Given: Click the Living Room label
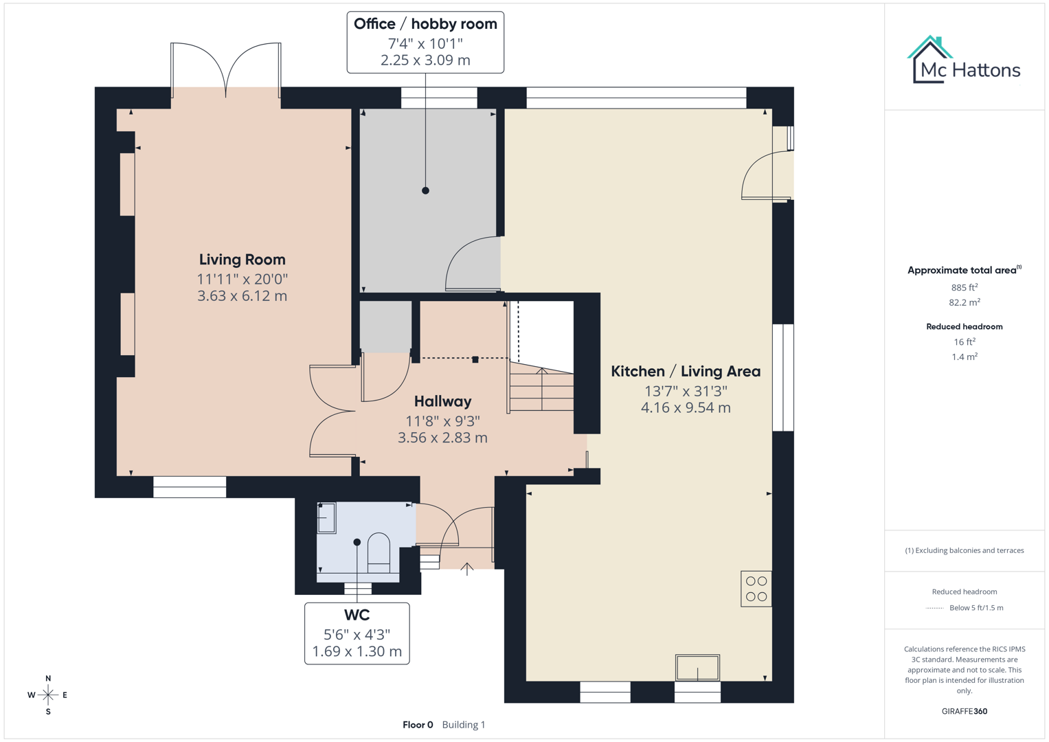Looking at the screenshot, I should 242,260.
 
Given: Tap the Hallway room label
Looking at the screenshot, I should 442,401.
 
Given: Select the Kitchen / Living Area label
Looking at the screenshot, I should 686,372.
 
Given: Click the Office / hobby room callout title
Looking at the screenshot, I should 425,24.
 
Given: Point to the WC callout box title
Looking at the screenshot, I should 357,615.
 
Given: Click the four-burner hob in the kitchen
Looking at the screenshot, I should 756,589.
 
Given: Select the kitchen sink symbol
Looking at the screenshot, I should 697,667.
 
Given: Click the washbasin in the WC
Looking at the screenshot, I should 326,518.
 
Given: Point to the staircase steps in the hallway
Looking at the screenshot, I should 541,390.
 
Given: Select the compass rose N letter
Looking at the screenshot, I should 48,679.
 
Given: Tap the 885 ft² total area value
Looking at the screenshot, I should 964,287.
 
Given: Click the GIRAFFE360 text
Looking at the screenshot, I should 964,711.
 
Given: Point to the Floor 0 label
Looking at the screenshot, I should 418,725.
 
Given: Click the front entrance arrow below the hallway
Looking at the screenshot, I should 467,569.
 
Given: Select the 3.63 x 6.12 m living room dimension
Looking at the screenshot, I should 242,296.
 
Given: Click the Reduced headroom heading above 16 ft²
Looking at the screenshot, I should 964,327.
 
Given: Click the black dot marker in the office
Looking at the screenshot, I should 425,190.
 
